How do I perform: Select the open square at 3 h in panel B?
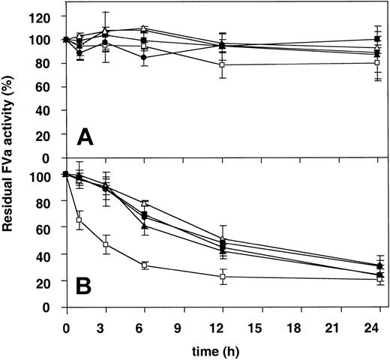[x=106, y=244]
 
